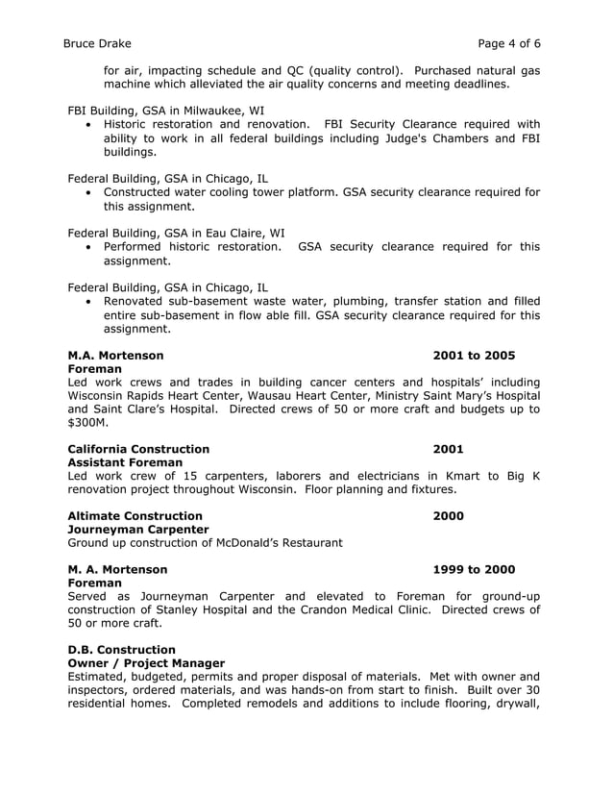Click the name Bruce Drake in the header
pos(97,43)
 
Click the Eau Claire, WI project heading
pos(175,232)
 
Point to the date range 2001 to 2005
pos(474,356)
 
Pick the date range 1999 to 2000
pos(474,569)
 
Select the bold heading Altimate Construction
pos(135,516)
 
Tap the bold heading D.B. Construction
pos(121,649)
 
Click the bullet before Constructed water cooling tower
pos(89,192)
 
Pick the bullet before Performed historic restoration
pos(89,247)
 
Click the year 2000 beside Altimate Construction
pos(448,516)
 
